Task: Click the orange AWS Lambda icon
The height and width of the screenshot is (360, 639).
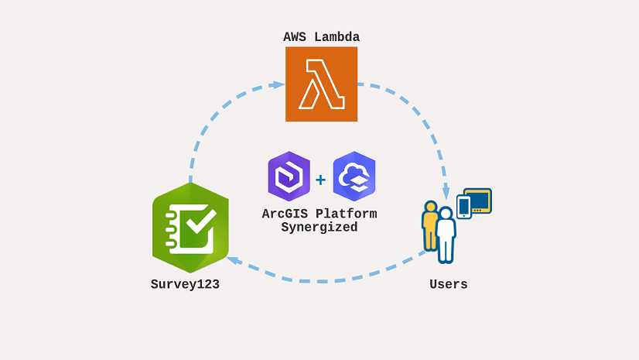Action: [321, 84]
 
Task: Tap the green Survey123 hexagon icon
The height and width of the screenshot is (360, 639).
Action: [190, 228]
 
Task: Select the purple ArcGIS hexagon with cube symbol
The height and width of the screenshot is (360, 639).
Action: [289, 177]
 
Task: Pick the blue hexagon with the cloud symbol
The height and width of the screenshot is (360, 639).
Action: [354, 177]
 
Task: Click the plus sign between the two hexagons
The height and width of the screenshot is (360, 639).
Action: [320, 180]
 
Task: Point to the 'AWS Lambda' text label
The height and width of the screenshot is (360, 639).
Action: [321, 37]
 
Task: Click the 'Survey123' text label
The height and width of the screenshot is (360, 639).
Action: [185, 284]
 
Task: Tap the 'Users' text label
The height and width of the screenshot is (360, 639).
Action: [449, 284]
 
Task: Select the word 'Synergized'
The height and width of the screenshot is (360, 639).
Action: [319, 228]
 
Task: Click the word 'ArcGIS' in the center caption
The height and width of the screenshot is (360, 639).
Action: [282, 214]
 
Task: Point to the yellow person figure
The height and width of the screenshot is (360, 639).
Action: [429, 225]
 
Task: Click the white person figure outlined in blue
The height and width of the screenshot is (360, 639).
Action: [446, 235]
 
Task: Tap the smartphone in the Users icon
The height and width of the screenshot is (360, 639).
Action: [464, 207]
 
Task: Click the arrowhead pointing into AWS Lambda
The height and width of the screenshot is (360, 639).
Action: [279, 85]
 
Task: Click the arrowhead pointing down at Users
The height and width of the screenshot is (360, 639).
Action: [446, 194]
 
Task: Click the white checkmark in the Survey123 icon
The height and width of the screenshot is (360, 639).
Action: [196, 224]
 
